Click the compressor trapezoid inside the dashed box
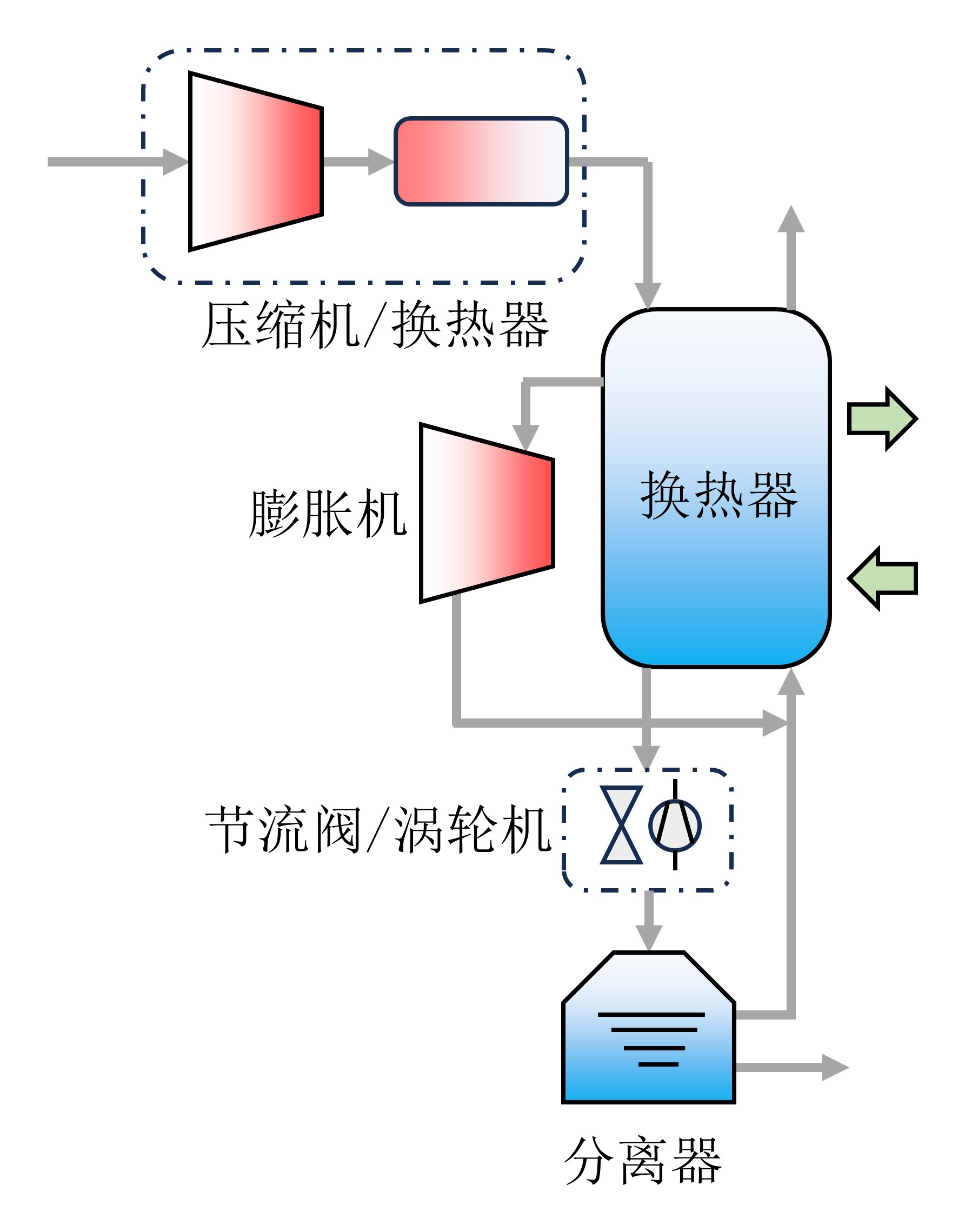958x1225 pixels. pos(256,162)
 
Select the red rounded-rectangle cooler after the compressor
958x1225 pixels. pos(481,162)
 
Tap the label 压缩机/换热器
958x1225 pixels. pos(375,325)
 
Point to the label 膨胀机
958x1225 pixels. pos(328,513)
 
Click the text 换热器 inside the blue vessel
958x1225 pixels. pos(718,495)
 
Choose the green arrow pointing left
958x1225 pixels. pos(882,578)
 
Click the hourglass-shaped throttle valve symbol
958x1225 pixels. pos(622,825)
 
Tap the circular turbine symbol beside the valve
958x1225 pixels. pos(675,825)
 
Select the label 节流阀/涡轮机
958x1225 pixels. pos(379,830)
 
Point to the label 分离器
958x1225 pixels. pos(642,1161)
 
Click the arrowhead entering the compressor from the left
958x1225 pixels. pos(175,162)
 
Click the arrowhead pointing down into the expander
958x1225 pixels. pos(526,437)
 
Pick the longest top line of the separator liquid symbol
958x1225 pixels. pos(651,1014)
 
